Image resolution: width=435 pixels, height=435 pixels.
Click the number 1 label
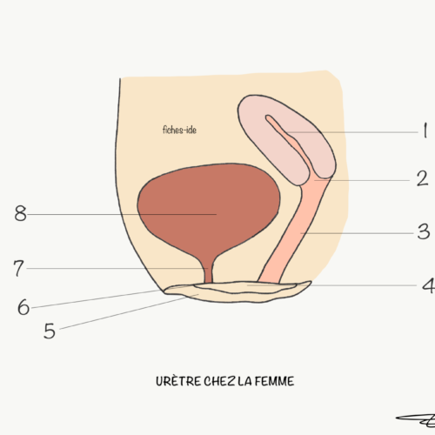(x=425, y=130)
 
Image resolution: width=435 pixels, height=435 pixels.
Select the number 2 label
(x=422, y=178)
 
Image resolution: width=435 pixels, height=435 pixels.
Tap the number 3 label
(x=424, y=231)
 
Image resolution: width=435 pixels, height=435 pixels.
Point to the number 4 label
(x=428, y=285)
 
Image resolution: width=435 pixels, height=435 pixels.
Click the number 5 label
(x=50, y=331)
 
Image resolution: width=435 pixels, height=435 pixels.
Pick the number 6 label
(x=23, y=307)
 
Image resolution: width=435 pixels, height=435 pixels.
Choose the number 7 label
(x=18, y=268)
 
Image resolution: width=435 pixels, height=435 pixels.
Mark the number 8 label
(x=20, y=213)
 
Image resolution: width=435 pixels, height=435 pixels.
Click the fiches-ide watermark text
(x=179, y=130)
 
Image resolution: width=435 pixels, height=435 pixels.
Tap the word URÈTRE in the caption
(x=178, y=381)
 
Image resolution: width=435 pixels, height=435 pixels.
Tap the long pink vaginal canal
(x=293, y=232)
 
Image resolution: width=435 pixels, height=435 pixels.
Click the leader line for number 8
(x=122, y=214)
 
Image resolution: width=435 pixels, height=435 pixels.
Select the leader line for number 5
(x=129, y=311)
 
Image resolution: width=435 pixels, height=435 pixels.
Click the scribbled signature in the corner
(x=416, y=420)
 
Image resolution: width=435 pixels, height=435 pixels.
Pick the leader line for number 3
(x=357, y=233)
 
